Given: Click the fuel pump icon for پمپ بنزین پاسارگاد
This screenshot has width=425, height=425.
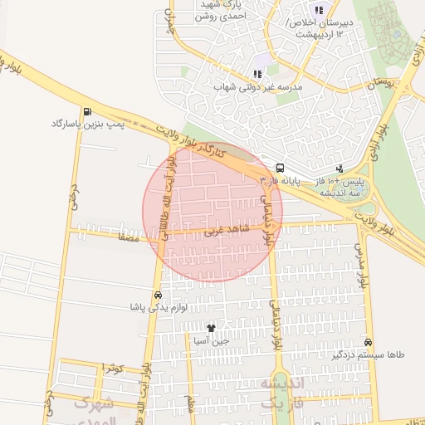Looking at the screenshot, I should [x=87, y=111].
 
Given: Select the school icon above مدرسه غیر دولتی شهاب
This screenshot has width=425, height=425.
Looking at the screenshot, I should [x=257, y=74].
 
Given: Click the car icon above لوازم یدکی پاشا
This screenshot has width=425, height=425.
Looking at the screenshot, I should [x=158, y=295].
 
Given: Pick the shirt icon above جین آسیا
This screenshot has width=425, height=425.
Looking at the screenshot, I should [x=211, y=329].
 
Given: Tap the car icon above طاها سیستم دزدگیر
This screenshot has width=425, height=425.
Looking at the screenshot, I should [x=368, y=342].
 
